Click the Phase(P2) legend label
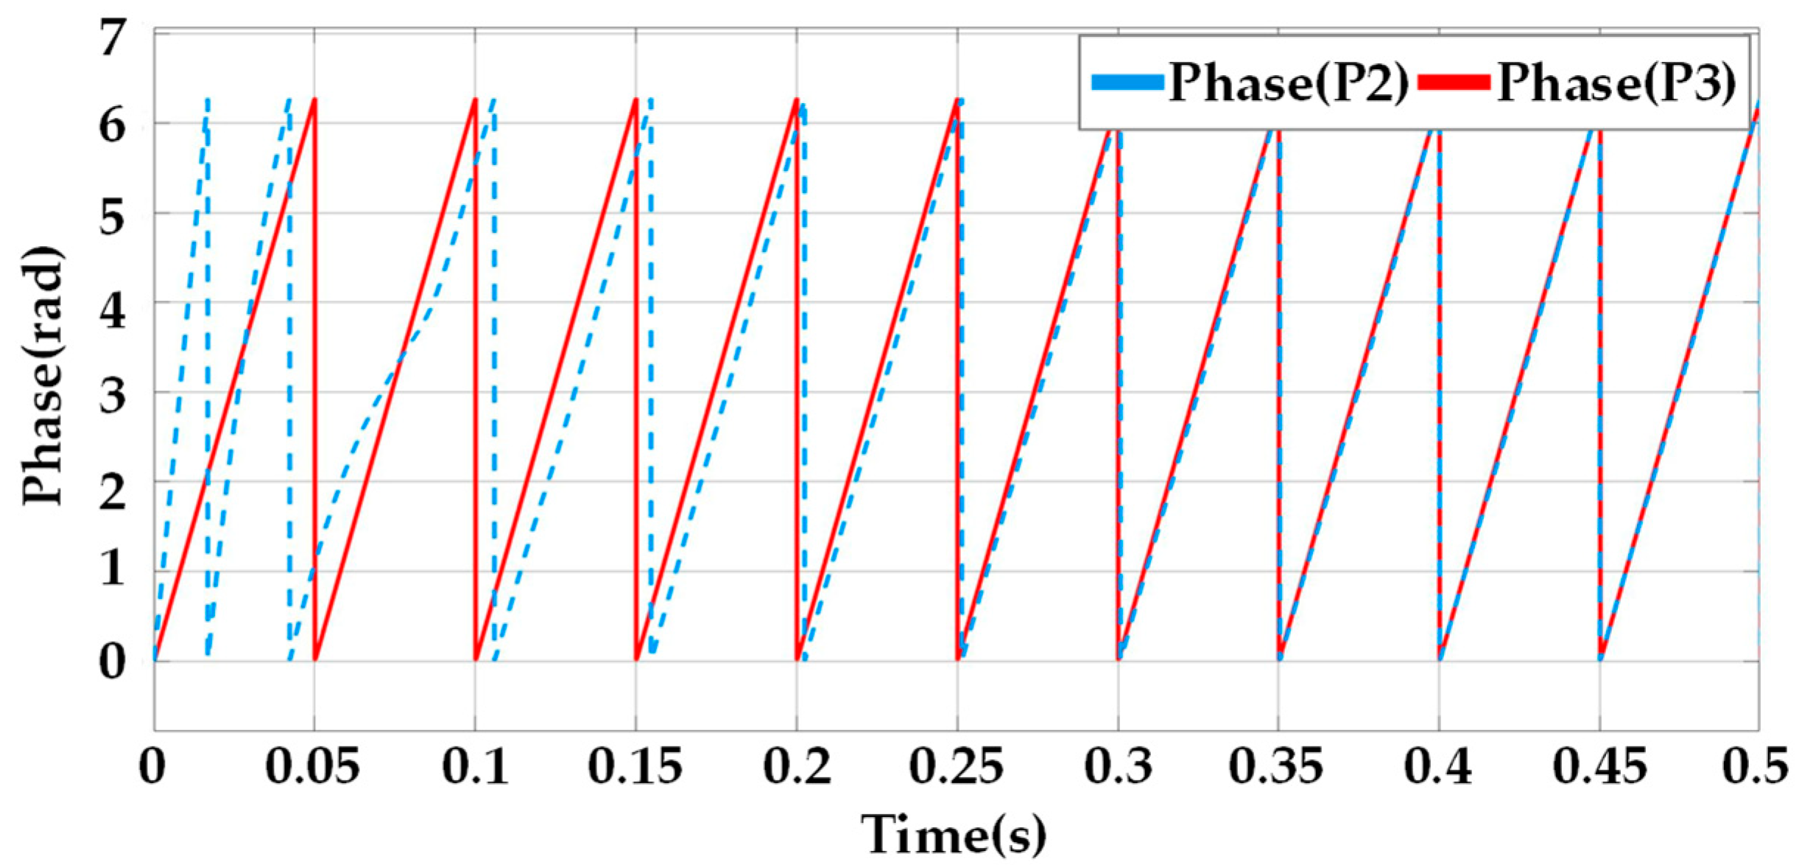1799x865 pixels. point(1288,83)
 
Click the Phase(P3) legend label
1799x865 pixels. point(1616,83)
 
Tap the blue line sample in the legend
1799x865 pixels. point(1127,83)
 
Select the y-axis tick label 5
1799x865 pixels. point(113,214)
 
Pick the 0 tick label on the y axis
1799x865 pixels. point(113,661)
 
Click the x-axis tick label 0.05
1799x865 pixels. point(313,766)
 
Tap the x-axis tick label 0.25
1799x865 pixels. point(956,766)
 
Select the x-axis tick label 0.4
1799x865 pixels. point(1437,766)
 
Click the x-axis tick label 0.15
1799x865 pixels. point(635,766)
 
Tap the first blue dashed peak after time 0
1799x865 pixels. point(207,99)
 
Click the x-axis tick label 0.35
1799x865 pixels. point(1276,766)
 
